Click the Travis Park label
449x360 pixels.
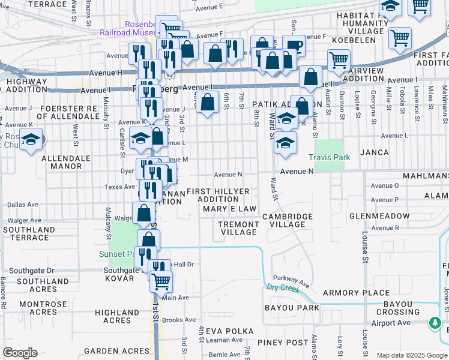[328, 157]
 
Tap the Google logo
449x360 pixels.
[20, 353]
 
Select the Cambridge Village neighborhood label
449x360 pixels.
[288, 220]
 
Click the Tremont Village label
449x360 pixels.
[238, 228]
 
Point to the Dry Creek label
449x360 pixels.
[283, 288]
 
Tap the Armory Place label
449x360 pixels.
[356, 293]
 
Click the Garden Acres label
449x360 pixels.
[116, 351]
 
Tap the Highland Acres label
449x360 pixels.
[117, 316]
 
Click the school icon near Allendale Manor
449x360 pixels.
[31, 141]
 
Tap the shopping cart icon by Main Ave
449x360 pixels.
[161, 281]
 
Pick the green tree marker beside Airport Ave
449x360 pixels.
[435, 323]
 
